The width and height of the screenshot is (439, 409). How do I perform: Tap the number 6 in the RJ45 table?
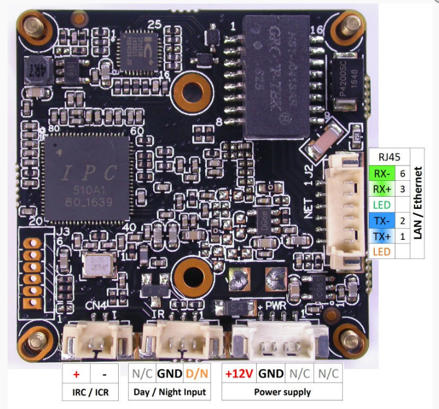tap(402, 173)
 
